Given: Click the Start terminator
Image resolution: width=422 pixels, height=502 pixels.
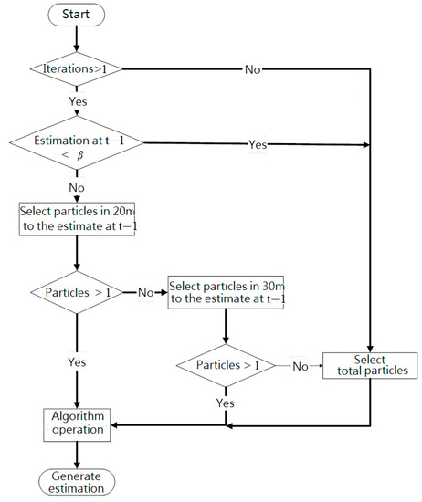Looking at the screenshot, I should tap(77, 16).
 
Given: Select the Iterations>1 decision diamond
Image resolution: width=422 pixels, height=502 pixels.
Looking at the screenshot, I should tap(77, 68).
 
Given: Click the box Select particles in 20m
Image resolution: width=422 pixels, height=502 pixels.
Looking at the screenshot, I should tap(77, 219).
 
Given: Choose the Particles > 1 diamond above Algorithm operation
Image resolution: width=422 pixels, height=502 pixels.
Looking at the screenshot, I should tap(77, 294).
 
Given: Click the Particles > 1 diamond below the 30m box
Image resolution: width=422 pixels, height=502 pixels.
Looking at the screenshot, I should tap(225, 365).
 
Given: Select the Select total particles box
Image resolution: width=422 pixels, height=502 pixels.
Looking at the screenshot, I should tap(370, 365).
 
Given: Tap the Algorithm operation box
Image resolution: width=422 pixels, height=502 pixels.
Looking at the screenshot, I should tap(77, 424).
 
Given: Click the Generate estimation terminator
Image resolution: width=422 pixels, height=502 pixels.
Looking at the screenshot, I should tap(77, 481).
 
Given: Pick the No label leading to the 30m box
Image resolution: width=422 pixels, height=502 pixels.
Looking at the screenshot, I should tap(144, 294).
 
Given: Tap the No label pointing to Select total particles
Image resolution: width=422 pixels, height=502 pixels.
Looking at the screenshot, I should tap(300, 365).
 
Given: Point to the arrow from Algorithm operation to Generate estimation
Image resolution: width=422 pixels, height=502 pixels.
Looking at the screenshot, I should tap(77, 454).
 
